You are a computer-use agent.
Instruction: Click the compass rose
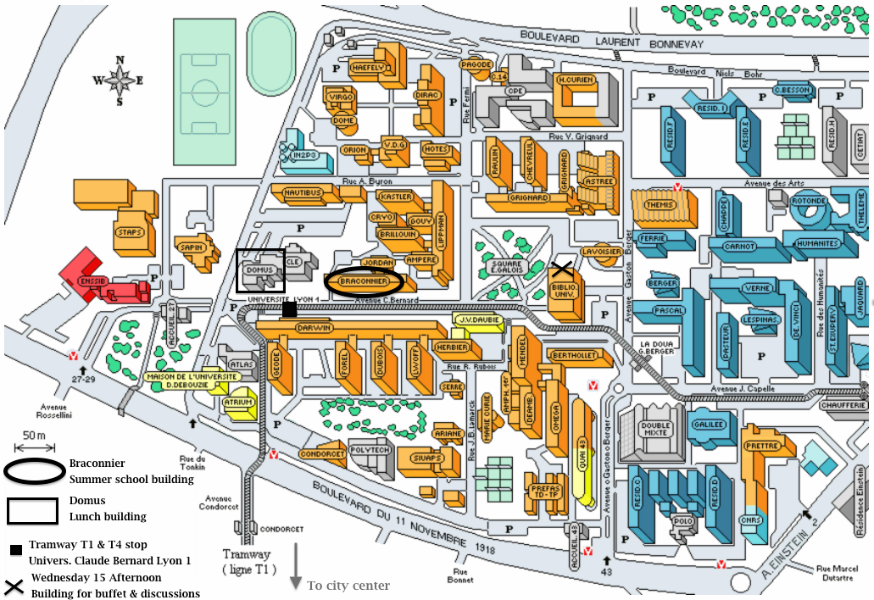pos(120,81)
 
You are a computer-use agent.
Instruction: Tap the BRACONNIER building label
pos(364,281)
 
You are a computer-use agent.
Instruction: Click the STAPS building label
pos(131,231)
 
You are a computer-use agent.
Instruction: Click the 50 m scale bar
pos(34,446)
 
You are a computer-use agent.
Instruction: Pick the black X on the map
pos(561,269)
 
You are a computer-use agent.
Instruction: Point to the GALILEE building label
pos(710,425)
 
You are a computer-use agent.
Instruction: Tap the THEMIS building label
pos(659,205)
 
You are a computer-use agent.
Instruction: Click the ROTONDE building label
pos(810,201)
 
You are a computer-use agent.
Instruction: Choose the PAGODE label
pos(476,64)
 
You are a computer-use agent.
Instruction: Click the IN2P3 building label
pos(304,156)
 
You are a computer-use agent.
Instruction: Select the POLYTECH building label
pos(370,450)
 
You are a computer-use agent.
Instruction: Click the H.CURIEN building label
pos(574,80)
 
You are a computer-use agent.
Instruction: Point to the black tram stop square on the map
pos(289,310)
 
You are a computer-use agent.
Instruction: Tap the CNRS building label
pos(750,520)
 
